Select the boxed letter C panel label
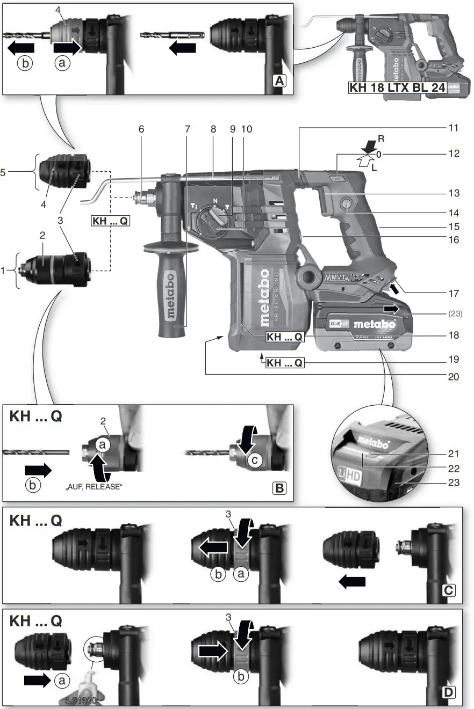point(449,590)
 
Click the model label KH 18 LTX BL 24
point(398,88)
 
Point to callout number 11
point(454,128)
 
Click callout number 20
point(454,377)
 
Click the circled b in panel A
point(25,63)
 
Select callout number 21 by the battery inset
point(454,454)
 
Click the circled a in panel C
point(241,574)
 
